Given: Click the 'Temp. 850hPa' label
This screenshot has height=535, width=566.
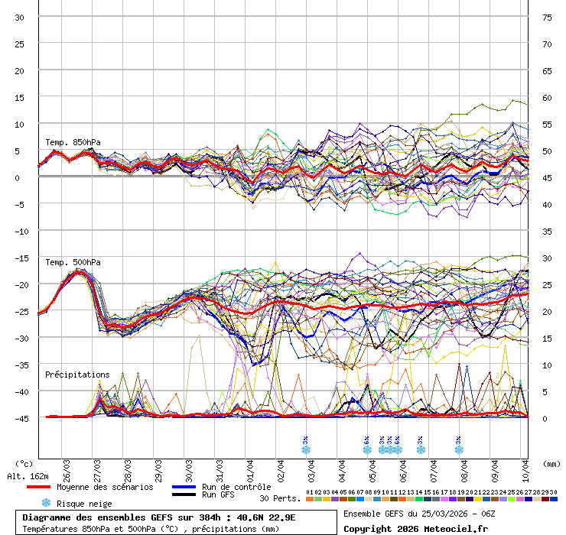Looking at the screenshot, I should tap(73, 142).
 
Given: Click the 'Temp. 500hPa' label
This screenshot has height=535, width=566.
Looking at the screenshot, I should tap(73, 262).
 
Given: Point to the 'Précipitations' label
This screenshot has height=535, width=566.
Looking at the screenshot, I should tap(77, 374).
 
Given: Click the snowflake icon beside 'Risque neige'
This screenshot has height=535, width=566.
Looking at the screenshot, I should tap(46, 503).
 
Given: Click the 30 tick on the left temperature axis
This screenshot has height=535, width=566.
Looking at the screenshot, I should tap(20, 17).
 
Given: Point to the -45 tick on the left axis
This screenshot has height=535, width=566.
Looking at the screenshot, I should tap(20, 418).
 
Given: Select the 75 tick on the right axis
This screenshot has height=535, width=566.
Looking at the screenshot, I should tap(547, 17).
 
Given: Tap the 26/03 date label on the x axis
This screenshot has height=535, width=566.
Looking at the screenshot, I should tap(67, 468).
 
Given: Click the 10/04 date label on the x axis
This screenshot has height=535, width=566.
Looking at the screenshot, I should tap(525, 468).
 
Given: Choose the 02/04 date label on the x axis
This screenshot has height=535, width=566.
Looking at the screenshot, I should tap(281, 468).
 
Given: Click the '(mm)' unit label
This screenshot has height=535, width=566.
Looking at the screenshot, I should tap(551, 463).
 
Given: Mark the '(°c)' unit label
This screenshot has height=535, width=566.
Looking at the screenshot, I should tap(24, 463).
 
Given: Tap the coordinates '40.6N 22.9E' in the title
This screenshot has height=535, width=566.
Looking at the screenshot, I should tap(263, 517).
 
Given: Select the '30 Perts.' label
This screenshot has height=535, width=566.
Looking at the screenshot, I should tap(278, 498).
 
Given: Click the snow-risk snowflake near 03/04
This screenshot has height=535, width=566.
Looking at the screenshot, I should tap(306, 449).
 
